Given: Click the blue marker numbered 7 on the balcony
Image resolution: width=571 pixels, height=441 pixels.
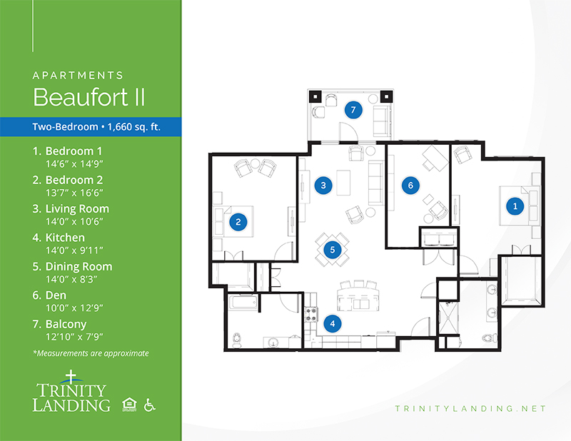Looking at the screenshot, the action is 353,110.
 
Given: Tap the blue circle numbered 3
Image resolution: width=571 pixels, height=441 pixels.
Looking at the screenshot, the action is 323,186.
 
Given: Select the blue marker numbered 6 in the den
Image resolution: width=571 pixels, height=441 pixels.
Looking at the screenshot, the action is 410,186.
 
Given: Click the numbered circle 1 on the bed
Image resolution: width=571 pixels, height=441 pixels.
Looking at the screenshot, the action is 515,206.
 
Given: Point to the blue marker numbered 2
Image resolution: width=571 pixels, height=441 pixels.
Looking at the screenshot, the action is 238,222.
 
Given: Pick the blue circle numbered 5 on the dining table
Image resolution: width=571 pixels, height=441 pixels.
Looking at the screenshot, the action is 332,250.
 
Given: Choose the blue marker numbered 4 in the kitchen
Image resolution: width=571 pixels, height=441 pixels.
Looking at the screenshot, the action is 333,323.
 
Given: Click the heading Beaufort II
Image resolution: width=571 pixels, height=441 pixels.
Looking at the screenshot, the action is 89,97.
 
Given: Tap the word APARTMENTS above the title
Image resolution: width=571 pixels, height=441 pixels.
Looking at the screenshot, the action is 78,76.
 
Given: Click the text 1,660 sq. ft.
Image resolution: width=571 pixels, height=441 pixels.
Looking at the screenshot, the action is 134,127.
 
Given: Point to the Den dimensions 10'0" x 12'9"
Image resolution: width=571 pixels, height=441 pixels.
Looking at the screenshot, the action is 74,308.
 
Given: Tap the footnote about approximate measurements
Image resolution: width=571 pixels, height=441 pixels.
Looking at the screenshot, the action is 91,353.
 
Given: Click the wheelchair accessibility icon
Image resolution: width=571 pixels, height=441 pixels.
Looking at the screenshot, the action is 149,405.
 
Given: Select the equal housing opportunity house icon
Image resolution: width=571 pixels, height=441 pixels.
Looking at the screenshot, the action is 129,405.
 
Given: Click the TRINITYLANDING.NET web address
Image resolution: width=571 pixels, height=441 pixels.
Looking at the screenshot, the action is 470,409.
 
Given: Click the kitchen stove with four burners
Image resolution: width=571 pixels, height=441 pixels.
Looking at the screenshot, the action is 311,315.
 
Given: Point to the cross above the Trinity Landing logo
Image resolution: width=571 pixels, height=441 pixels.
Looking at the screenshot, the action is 71,377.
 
